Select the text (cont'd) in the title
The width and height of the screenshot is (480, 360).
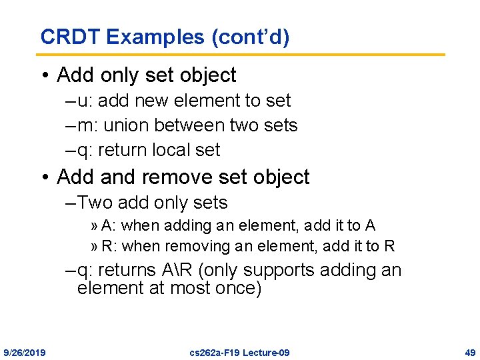[x=250, y=37]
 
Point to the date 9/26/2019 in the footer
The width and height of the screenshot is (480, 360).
[x=25, y=352]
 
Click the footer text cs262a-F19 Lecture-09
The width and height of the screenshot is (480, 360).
[x=239, y=352]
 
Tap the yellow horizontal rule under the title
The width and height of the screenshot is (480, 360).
[x=241, y=54]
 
